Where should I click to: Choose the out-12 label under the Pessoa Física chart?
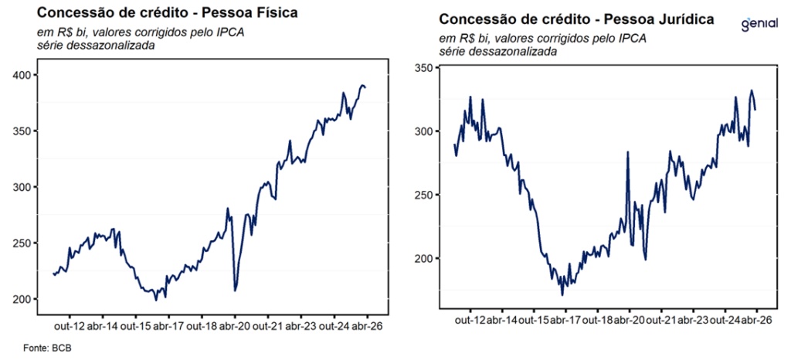[68, 327]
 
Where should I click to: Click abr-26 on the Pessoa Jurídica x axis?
[756, 320]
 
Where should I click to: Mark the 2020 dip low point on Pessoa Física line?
[234, 290]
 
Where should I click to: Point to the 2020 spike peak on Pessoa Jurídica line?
[627, 152]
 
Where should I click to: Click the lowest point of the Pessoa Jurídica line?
[562, 294]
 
